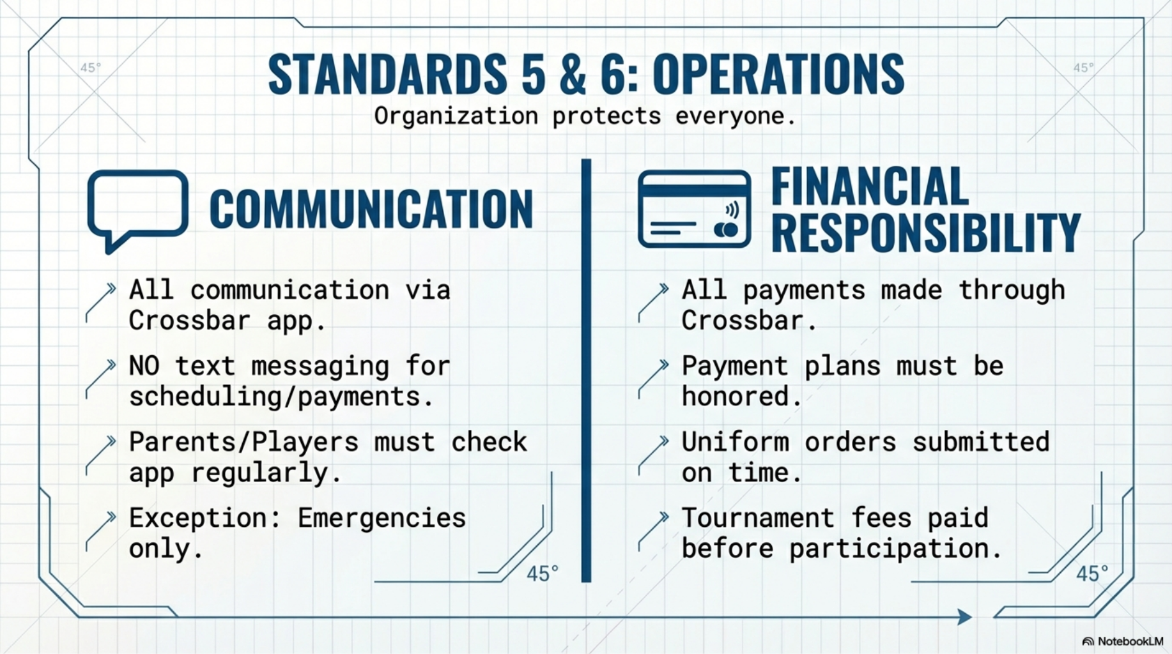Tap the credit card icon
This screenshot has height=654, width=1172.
[694, 209]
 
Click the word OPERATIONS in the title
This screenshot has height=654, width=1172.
[778, 75]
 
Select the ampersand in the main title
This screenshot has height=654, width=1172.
[573, 75]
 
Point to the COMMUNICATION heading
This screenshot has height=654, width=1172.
[371, 209]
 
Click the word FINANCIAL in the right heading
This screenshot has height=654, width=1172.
[870, 186]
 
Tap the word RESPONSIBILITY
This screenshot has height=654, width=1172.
[926, 232]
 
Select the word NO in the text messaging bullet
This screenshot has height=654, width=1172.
[144, 366]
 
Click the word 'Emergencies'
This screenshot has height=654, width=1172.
[382, 518]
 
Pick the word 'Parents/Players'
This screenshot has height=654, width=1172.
[244, 442]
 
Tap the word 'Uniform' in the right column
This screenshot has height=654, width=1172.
[736, 442]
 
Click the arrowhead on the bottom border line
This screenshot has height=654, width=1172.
[965, 617]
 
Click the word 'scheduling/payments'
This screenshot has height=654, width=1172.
[275, 397]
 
